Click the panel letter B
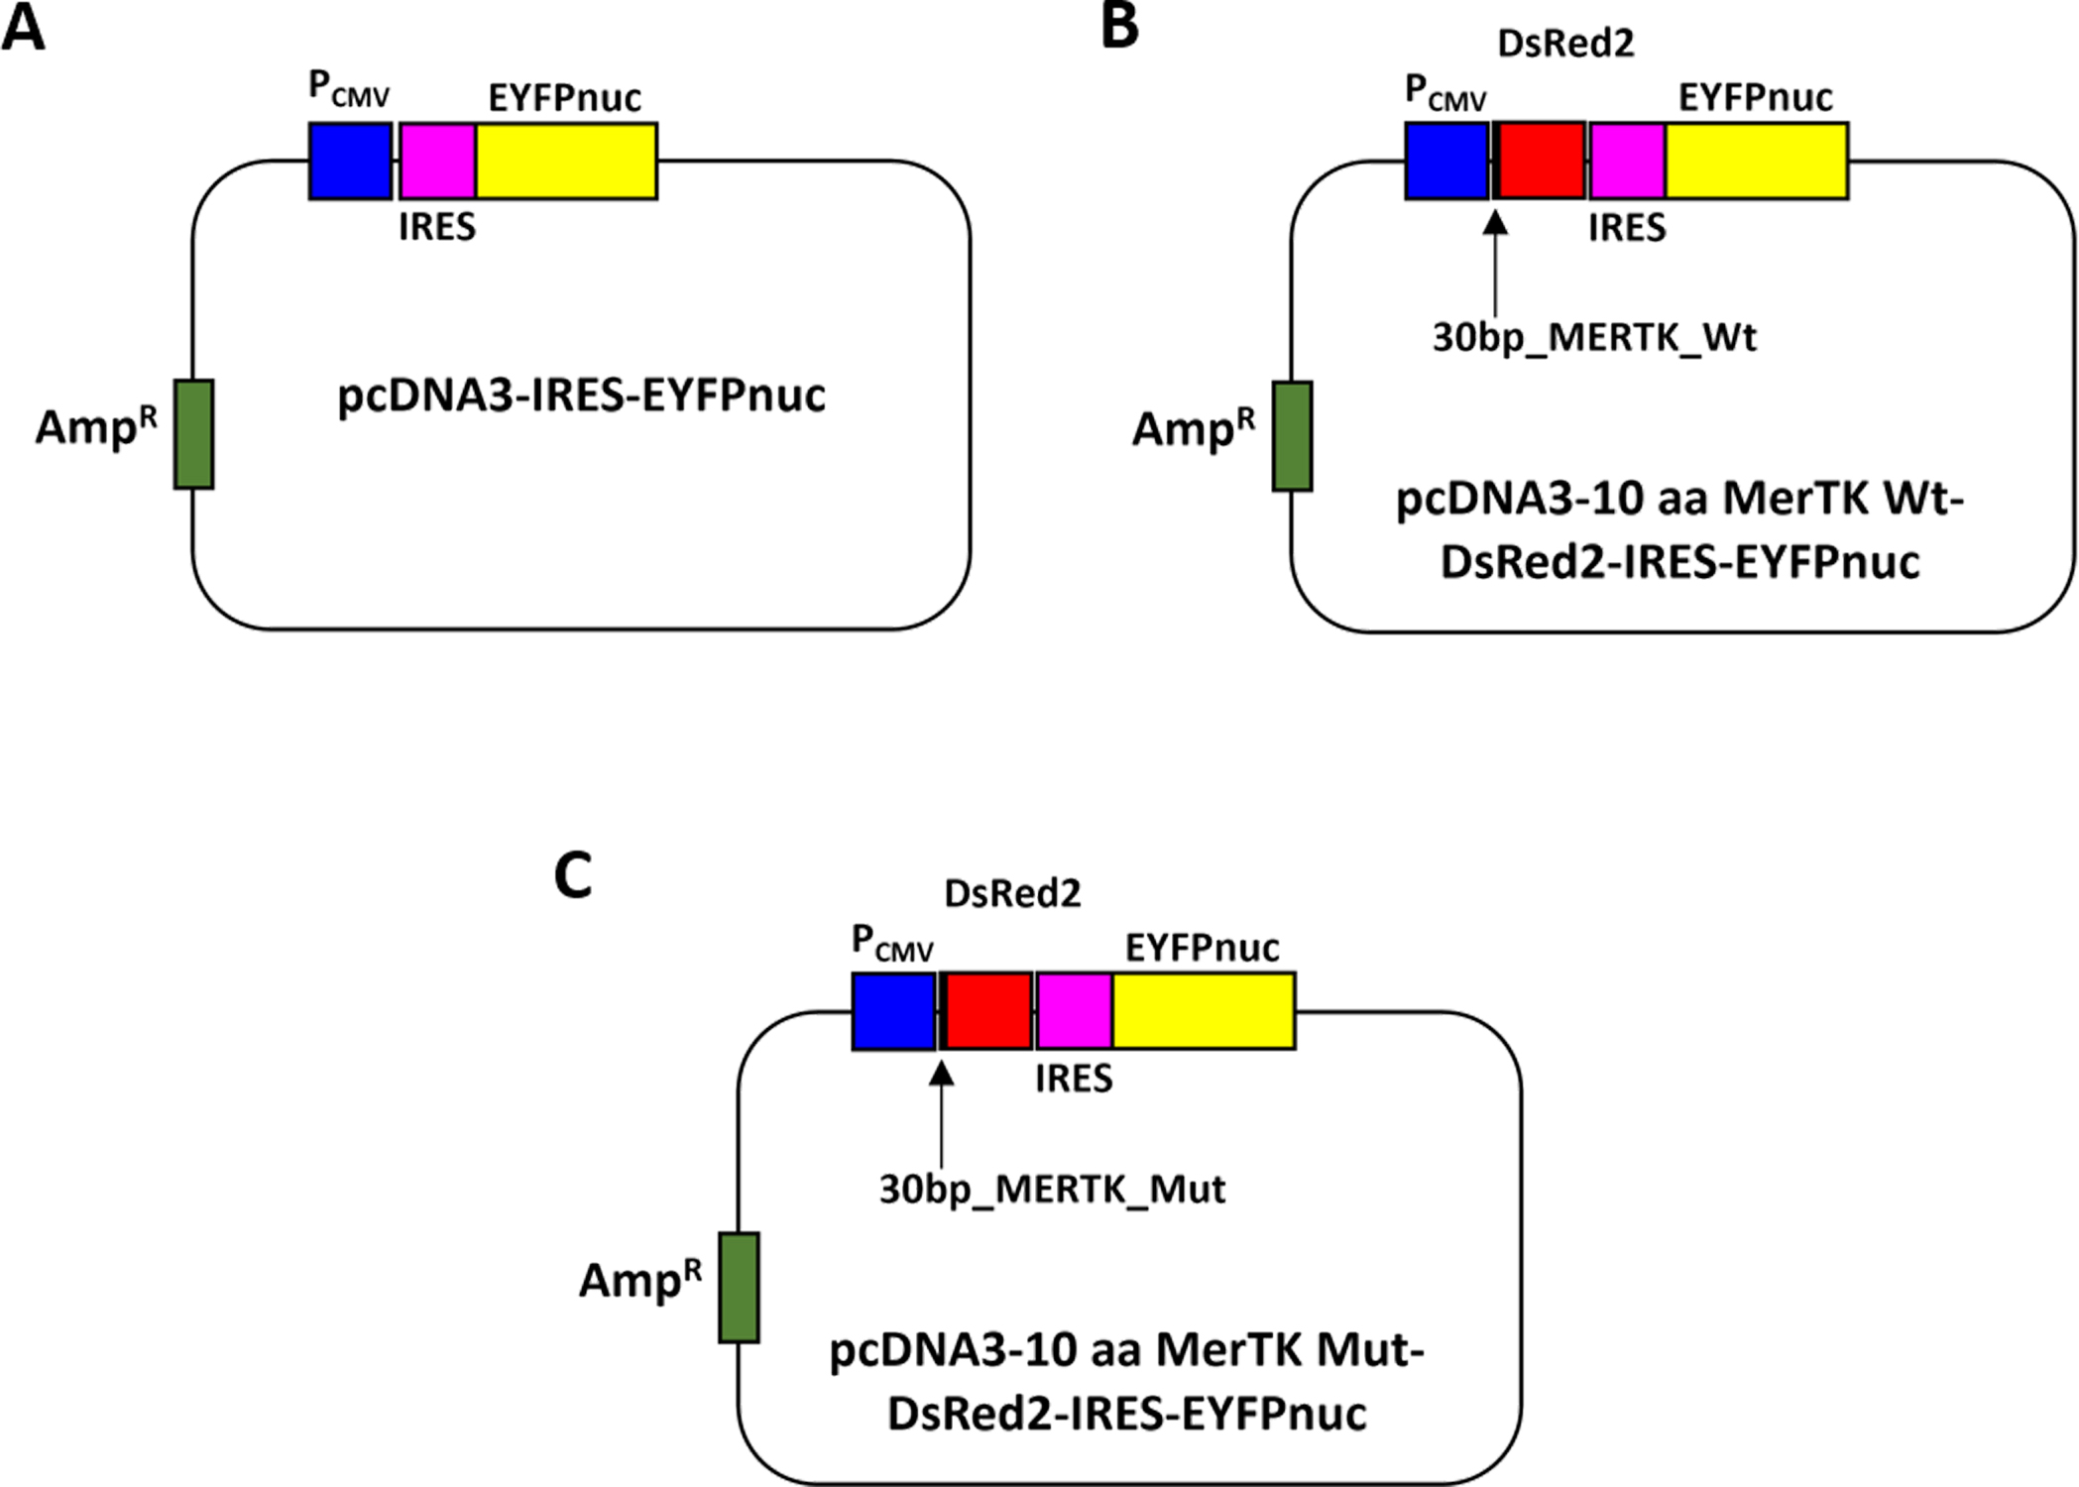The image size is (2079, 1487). (x=1119, y=26)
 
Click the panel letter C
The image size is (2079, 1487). (x=573, y=875)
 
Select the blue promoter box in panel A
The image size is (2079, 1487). (x=350, y=161)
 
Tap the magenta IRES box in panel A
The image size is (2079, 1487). (x=437, y=161)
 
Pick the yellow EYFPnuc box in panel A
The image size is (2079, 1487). (x=566, y=161)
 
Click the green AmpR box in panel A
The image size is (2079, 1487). (x=193, y=433)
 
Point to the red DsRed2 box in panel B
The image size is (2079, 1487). (x=1541, y=161)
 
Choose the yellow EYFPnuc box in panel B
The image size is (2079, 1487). (x=1757, y=161)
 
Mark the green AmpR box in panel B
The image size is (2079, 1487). (x=1292, y=436)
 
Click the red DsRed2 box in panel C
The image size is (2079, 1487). (x=988, y=1010)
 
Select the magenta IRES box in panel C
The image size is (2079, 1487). (x=1074, y=1010)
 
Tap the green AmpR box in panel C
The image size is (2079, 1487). (x=739, y=1287)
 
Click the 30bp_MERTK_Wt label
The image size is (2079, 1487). (x=1594, y=338)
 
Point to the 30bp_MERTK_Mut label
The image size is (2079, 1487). (x=1052, y=1189)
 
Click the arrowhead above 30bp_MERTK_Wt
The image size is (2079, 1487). (x=1495, y=222)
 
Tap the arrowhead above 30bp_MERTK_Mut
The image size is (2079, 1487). (x=941, y=1072)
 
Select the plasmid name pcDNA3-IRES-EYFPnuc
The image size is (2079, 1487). (x=581, y=396)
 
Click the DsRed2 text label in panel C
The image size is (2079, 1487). (x=1012, y=894)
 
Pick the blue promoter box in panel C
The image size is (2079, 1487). (x=893, y=1010)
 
